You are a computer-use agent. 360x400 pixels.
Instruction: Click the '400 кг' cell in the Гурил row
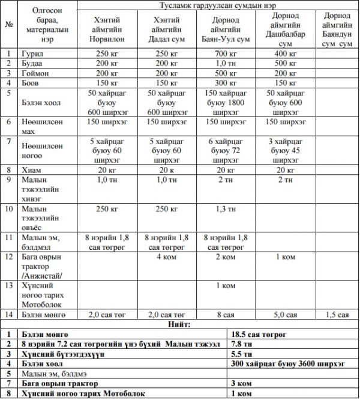(x=285, y=53)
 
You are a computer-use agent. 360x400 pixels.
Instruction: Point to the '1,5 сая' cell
(x=336, y=314)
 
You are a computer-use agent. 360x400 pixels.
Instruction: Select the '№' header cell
(x=9, y=25)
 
